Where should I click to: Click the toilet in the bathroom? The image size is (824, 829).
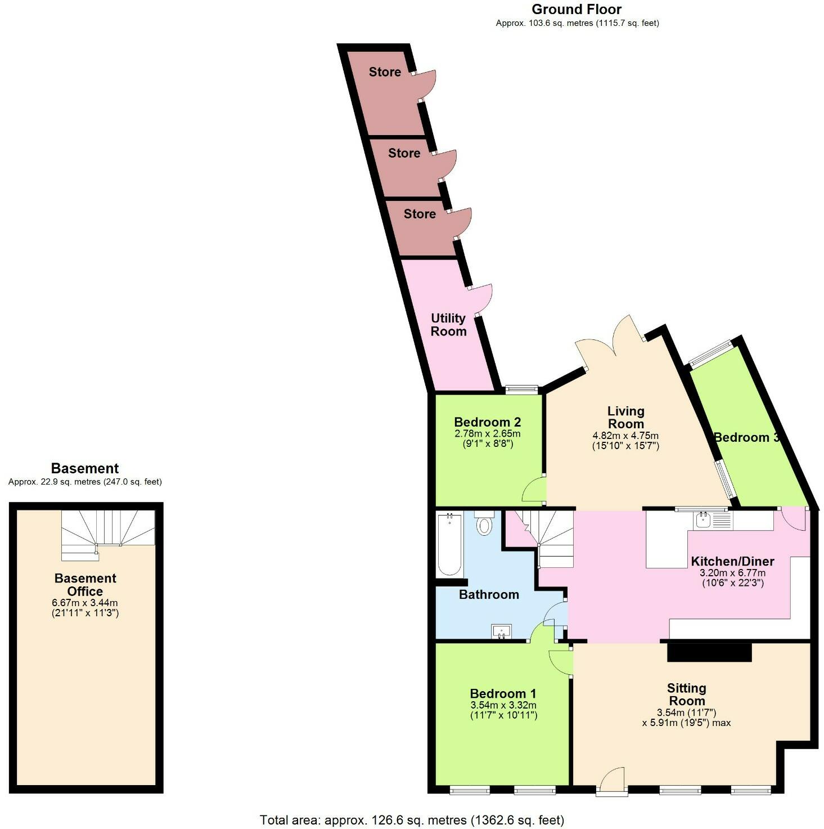click(x=484, y=524)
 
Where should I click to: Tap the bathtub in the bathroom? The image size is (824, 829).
click(x=449, y=544)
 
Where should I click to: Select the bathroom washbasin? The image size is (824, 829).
click(x=501, y=631)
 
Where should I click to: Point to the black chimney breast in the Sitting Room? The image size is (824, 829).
click(x=709, y=652)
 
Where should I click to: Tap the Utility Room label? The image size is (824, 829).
click(x=448, y=325)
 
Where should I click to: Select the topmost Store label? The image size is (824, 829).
click(x=385, y=72)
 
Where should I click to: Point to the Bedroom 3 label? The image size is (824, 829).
click(x=746, y=437)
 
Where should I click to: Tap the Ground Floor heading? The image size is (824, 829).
click(x=577, y=10)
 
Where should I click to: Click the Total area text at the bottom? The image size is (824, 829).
click(x=412, y=819)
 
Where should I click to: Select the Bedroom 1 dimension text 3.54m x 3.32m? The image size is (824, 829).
click(x=503, y=705)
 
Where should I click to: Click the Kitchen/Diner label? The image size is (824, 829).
click(x=732, y=561)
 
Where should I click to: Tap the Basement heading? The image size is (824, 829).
click(x=85, y=468)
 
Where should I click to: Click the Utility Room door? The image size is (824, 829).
click(x=481, y=298)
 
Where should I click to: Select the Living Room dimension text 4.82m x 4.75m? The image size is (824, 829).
click(x=625, y=436)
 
